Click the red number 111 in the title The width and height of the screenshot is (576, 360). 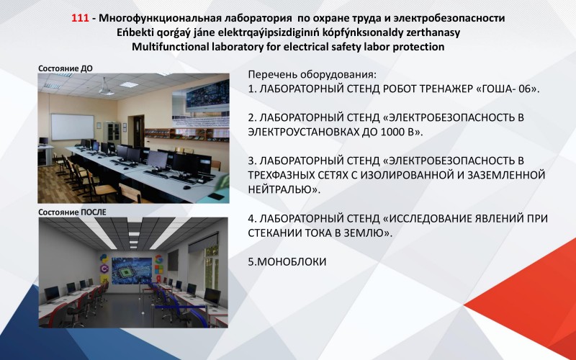click(80, 17)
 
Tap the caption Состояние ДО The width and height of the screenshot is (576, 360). click(66, 68)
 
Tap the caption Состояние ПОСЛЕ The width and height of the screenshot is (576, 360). click(73, 212)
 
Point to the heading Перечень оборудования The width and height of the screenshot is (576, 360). click(312, 75)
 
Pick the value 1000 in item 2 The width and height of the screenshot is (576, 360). click(392, 132)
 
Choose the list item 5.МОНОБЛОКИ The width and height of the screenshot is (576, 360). click(287, 261)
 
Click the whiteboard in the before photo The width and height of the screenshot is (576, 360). click(73, 127)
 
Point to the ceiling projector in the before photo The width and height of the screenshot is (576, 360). click(105, 88)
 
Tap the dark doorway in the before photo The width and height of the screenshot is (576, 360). click(138, 132)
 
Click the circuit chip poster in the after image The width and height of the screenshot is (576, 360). click(132, 271)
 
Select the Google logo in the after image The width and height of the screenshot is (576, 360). click(158, 258)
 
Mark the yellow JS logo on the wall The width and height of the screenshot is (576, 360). click(104, 280)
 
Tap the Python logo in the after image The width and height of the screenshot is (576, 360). click(104, 258)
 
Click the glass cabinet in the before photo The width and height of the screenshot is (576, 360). click(112, 133)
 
